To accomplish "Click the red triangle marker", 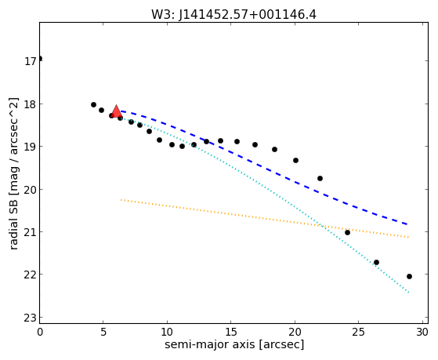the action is pos(116,111).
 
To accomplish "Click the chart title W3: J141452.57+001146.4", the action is pos(233,15).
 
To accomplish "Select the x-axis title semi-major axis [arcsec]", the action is pos(234,344).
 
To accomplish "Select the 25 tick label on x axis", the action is pos(358,332).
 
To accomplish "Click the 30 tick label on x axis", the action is pos(422,332).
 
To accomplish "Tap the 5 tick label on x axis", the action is pos(103,332).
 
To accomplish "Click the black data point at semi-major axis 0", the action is pos(40,59).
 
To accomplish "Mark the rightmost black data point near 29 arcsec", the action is pos(409,276).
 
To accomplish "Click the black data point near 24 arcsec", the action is pos(347,232).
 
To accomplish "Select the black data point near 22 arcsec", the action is pos(320,179).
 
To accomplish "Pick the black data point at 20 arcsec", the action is pos(296,160).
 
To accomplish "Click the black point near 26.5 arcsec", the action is pos(376,262).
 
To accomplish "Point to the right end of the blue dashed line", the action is pos(407,224).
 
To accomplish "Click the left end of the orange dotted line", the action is pos(121,200).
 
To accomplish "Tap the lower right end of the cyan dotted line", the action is pos(409,293).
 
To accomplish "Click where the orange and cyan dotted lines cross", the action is pos(322,226).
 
